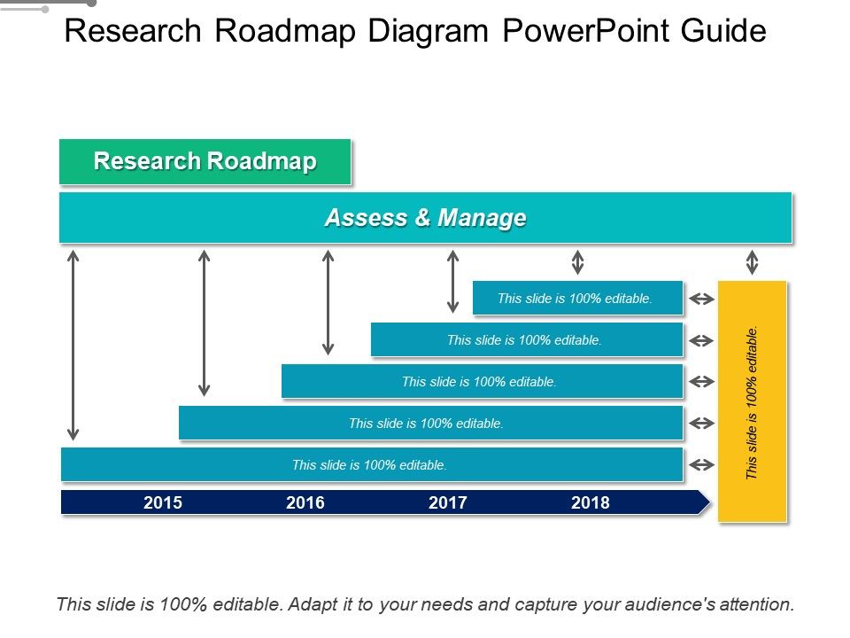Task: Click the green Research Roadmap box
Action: coord(205,161)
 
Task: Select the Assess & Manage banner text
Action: coord(426,218)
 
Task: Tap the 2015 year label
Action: coord(163,502)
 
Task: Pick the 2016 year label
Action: coord(305,502)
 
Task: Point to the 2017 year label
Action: coord(448,502)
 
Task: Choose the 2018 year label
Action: coord(591,502)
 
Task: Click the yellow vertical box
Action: coord(752,401)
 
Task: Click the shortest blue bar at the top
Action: coord(578,298)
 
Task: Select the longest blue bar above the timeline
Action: coord(372,464)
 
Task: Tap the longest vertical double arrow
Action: coord(73,345)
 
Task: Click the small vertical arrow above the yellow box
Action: coord(752,262)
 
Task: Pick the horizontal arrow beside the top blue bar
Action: coord(702,299)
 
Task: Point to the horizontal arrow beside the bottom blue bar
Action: coord(702,465)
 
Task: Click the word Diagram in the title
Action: coord(429,32)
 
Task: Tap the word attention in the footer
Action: coord(758,604)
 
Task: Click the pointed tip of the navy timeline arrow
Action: coord(709,502)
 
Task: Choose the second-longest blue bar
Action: coord(431,423)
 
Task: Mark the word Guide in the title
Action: coord(723,30)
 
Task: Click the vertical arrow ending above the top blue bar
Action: coord(578,262)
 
